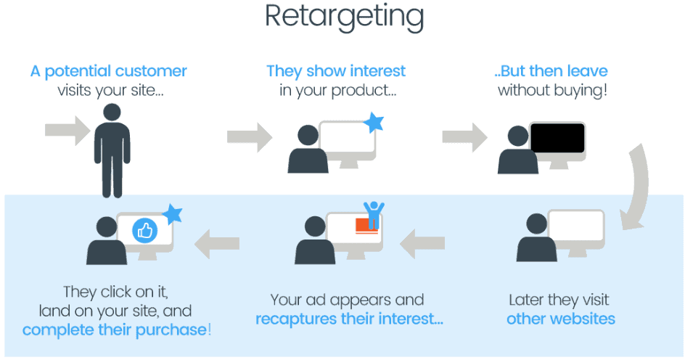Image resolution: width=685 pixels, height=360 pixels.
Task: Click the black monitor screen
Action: pos(557,139)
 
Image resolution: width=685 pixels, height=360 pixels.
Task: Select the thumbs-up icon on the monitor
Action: pos(145,232)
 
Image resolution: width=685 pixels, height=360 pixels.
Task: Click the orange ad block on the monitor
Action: pos(366,226)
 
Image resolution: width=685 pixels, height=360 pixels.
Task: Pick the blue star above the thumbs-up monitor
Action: pos(172,213)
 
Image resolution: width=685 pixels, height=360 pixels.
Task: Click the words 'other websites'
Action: pos(560,319)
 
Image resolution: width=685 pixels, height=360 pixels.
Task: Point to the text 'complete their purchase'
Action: pos(115,330)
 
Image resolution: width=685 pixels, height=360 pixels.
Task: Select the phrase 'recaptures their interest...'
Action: pos(349,319)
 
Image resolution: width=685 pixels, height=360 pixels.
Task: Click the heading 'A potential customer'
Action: pos(109,71)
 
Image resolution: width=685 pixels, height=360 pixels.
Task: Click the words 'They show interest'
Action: pos(336,71)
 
